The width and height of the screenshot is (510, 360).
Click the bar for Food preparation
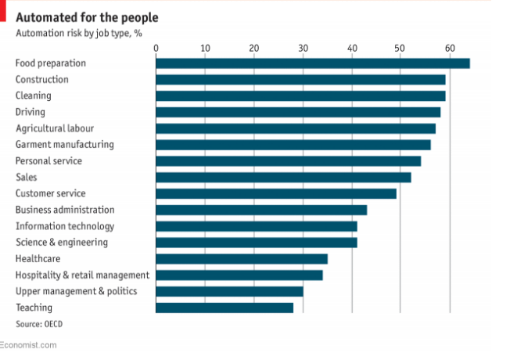coord(313,63)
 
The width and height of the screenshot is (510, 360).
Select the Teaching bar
coord(224,308)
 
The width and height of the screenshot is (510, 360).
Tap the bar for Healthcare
coord(242,259)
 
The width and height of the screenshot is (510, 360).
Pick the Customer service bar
coord(276,193)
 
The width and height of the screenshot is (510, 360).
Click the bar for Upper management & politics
coord(229,291)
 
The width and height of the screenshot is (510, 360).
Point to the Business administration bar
coord(261,210)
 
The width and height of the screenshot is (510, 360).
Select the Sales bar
coord(283,177)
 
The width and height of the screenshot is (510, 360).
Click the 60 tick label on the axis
coord(450,49)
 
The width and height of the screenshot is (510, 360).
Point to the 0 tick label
coord(156,49)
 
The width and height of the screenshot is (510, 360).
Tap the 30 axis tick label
coord(303,49)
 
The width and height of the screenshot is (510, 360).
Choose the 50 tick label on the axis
coord(400,49)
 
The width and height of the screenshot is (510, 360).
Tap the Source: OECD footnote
coord(40,323)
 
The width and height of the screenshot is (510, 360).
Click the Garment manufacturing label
coord(64,145)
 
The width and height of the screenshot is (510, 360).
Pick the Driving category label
coord(31,112)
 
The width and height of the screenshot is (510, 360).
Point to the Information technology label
coord(65,226)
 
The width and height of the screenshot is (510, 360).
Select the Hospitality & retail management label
coord(82,275)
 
